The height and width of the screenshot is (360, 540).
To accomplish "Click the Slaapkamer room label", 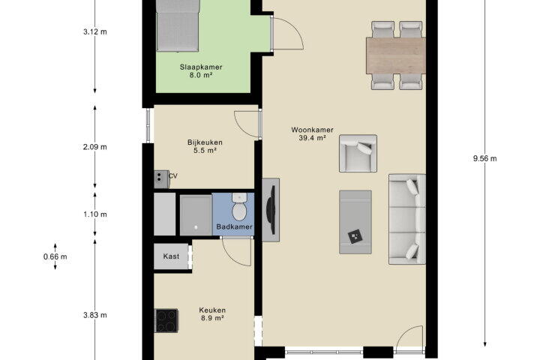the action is tap(201, 71).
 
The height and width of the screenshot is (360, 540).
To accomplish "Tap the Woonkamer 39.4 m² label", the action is tap(312, 134).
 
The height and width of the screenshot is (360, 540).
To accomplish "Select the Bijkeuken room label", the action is tap(205, 146).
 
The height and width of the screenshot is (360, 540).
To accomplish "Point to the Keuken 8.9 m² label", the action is tap(212, 313).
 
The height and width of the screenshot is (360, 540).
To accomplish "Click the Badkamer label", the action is tap(234, 226).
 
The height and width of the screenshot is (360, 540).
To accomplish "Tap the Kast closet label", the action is tap(171, 256).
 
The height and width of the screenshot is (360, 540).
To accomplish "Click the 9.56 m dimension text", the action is tap(485, 158).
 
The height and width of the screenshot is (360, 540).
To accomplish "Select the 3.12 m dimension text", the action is tap(95, 31).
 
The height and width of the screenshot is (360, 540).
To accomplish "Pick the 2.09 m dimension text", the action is tap(95, 147).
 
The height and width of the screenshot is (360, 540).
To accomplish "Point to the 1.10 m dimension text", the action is tap(95, 214).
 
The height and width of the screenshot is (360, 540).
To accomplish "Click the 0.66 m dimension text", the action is tap(55, 256).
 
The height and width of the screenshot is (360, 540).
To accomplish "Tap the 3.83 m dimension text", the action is tap(95, 315).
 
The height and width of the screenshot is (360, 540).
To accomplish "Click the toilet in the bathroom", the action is tap(238, 207).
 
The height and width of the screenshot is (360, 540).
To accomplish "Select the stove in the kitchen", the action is tap(166, 320).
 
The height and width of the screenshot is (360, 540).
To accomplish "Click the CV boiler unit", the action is tap(161, 179).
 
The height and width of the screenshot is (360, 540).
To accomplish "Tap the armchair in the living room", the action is tap(358, 153).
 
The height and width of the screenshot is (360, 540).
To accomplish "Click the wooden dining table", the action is tap(396, 55).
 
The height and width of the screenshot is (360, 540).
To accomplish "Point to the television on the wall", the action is tap(272, 210).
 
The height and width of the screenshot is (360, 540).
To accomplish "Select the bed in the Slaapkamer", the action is tap(178, 25).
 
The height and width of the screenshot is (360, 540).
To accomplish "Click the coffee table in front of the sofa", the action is tap(355, 222).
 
